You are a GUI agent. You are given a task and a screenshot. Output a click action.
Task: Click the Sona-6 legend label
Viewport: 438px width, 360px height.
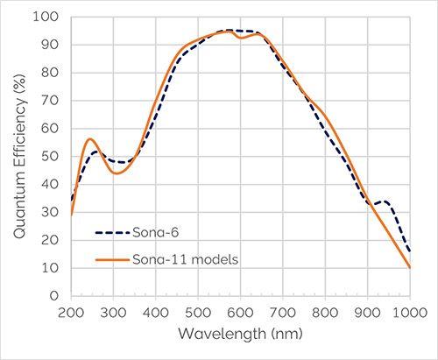(155, 233)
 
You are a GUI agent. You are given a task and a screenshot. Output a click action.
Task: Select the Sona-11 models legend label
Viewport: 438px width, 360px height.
(186, 259)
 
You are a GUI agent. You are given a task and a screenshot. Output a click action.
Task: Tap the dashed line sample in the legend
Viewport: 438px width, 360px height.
(112, 233)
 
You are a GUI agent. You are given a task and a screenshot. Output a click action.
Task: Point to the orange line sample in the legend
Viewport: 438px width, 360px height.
(112, 259)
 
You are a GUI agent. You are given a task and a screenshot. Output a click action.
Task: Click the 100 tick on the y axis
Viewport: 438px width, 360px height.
(46, 17)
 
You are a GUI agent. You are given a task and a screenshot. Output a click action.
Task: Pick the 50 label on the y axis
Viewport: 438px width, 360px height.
(50, 157)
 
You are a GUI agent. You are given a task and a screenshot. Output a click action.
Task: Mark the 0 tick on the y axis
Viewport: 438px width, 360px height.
(54, 296)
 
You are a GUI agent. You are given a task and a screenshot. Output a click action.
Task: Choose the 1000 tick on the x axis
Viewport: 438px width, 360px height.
(410, 313)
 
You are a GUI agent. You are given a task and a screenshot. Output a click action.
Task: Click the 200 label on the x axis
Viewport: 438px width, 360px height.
(71, 313)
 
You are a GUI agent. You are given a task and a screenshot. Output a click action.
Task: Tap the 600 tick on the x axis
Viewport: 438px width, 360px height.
(240, 313)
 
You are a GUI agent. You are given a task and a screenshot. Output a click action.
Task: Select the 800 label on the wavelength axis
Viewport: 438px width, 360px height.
(325, 313)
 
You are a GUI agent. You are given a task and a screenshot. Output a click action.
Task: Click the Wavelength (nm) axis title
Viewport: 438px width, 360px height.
(240, 334)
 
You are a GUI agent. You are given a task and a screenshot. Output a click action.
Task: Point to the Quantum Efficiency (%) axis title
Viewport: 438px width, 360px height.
(20, 157)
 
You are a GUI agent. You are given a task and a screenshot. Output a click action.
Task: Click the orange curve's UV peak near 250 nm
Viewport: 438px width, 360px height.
(90, 139)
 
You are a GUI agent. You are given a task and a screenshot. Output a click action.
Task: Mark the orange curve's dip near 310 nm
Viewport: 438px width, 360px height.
(117, 173)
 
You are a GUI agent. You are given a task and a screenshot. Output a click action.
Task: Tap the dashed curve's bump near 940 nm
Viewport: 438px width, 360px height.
(385, 201)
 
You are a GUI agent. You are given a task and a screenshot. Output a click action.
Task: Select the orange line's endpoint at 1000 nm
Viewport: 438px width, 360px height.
(410, 268)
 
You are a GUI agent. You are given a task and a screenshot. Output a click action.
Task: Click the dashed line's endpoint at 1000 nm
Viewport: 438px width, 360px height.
(410, 251)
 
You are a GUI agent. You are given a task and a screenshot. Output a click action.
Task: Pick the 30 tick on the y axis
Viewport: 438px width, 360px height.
(50, 212)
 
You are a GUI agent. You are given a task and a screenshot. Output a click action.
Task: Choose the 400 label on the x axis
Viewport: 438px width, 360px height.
(156, 313)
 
